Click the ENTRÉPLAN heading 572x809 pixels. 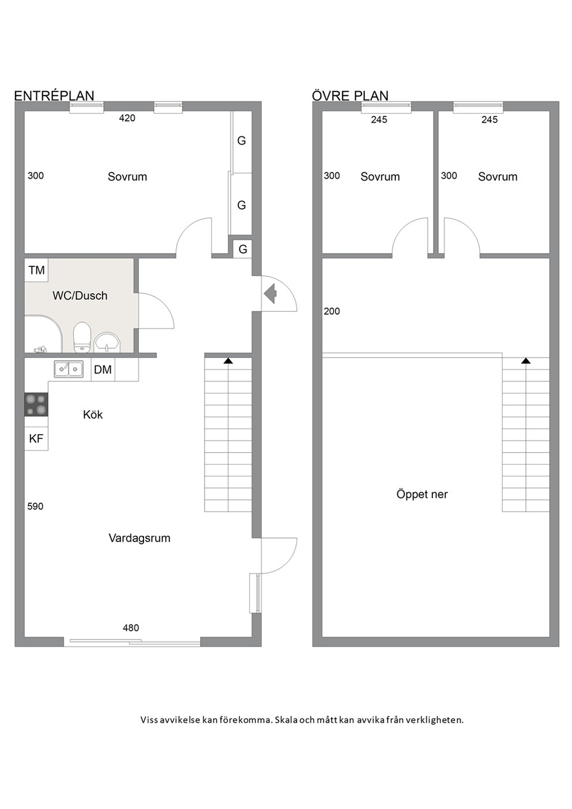click(x=54, y=96)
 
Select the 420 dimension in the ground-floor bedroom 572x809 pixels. click(x=127, y=118)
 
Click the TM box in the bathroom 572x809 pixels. click(x=36, y=270)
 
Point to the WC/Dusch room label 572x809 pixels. click(x=80, y=295)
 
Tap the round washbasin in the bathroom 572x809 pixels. click(x=107, y=343)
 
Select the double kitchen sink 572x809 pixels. click(x=69, y=369)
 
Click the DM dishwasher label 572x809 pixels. click(x=103, y=370)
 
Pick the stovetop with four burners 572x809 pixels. click(x=36, y=405)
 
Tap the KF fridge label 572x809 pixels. click(x=36, y=438)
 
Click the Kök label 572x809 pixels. click(x=93, y=414)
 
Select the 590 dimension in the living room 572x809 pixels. click(x=35, y=506)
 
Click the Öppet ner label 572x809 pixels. click(x=422, y=494)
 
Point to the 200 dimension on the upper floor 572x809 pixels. click(x=332, y=311)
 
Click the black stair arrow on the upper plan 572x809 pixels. click(x=526, y=360)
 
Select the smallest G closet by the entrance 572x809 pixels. click(x=243, y=249)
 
